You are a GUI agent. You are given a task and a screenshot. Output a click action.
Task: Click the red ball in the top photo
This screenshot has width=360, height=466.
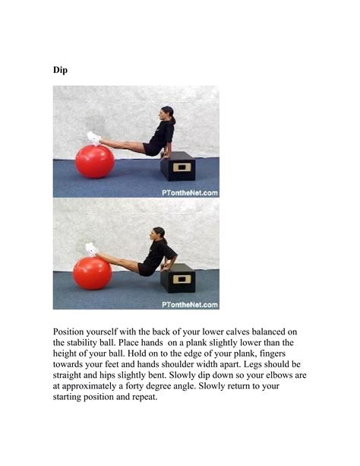point(95,161)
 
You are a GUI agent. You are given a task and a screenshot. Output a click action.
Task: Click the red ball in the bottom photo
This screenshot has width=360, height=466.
point(92,273)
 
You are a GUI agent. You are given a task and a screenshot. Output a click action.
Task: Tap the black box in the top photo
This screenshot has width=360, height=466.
point(178,166)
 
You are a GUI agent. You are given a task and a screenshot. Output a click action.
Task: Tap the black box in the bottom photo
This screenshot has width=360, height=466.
point(178,277)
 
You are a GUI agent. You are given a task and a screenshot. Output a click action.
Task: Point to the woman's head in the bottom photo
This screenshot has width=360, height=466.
point(159,234)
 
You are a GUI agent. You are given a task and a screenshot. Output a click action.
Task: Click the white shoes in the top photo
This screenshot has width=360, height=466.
point(93,138)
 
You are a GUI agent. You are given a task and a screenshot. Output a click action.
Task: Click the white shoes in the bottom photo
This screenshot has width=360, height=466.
point(91,249)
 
